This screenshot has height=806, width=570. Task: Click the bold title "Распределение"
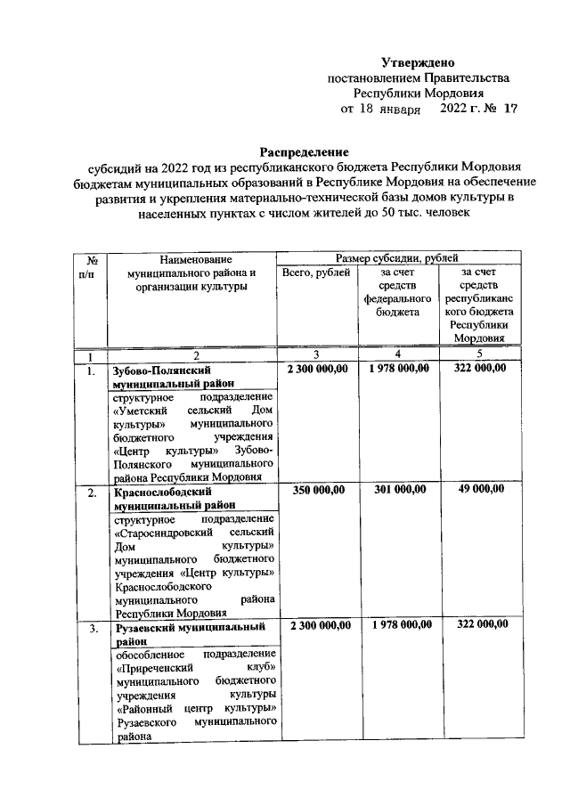coord(303,151)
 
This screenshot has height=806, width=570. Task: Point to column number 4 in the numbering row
coord(398,355)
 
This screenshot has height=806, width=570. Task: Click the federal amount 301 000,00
coord(398,490)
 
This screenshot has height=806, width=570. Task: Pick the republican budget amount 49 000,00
coord(480,490)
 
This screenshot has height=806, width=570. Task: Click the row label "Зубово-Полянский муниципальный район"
coord(169,376)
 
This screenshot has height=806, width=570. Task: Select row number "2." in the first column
coord(91,492)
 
